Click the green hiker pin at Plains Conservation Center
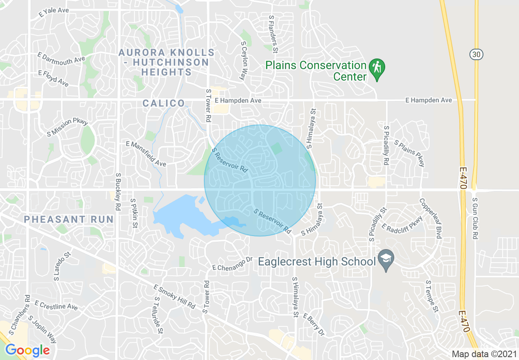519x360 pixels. (377, 68)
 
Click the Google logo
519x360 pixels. (27, 350)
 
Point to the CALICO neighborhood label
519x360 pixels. (164, 103)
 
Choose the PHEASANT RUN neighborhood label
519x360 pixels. (68, 219)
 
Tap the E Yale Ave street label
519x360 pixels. (54, 12)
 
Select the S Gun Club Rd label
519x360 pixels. (475, 218)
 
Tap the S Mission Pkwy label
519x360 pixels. (65, 127)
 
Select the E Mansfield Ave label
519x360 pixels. (146, 154)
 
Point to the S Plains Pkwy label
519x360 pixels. (410, 153)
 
